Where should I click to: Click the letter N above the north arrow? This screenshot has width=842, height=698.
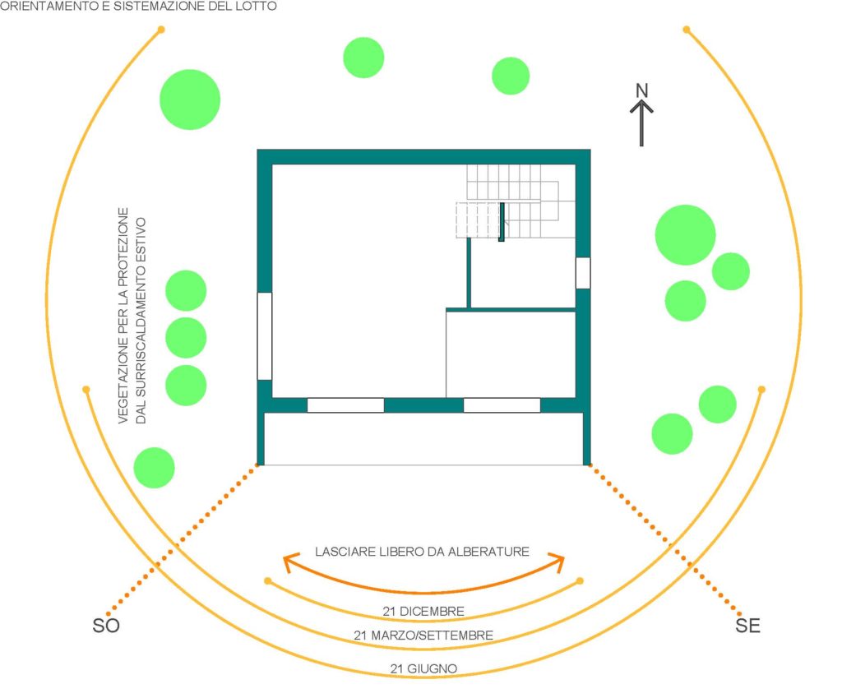[x=641, y=90]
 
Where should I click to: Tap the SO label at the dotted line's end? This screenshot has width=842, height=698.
[x=106, y=626]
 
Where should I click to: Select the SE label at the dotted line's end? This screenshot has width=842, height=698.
[x=747, y=626]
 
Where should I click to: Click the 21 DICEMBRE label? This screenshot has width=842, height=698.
[x=423, y=611]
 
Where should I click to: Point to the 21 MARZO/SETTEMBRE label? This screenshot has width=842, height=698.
[x=423, y=636]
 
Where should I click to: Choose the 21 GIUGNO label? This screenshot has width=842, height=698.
[x=423, y=668]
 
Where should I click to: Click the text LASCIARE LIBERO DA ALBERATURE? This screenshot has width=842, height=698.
[x=422, y=552]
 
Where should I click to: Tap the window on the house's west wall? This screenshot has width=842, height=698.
[x=264, y=336]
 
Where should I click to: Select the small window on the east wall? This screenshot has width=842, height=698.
[x=583, y=273]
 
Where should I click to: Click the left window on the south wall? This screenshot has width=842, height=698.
[x=345, y=404]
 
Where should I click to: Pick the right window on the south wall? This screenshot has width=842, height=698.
[x=502, y=404]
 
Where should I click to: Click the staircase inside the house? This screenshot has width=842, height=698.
[x=516, y=201]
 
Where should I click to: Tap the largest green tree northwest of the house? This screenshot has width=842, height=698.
[x=190, y=99]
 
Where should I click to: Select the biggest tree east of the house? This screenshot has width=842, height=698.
[x=685, y=234]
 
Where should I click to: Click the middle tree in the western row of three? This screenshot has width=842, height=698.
[x=186, y=338]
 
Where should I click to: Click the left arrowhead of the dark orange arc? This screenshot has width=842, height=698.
[x=290, y=562]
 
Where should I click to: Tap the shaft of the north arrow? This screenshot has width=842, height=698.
[x=641, y=125]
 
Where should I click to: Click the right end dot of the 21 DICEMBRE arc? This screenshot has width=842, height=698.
[x=580, y=580]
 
